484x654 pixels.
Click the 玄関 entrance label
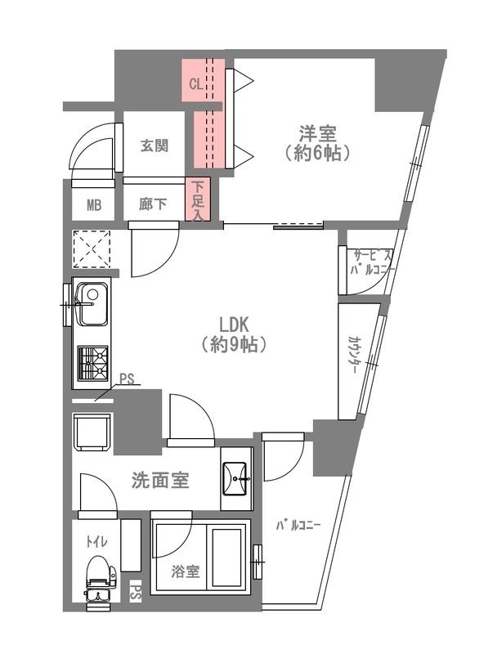(154, 146)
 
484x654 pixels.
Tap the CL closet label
(195, 83)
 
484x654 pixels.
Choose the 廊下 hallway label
(154, 204)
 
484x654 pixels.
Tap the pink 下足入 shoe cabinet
(199, 200)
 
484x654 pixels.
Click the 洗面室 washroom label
(160, 481)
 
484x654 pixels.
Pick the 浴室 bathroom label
(186, 571)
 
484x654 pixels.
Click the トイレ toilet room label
(96, 540)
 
